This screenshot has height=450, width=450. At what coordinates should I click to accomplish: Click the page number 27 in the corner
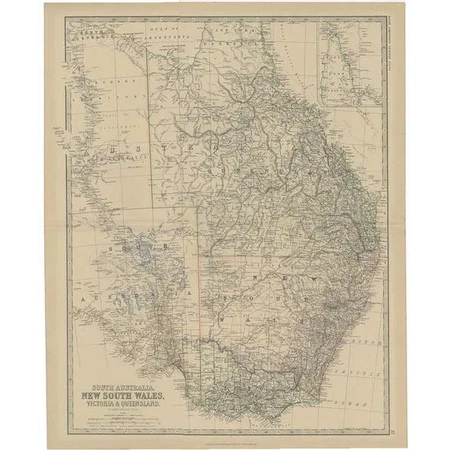pyautogui.click(x=396, y=428)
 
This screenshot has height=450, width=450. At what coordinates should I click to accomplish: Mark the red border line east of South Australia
pyautogui.click(x=199, y=285)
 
